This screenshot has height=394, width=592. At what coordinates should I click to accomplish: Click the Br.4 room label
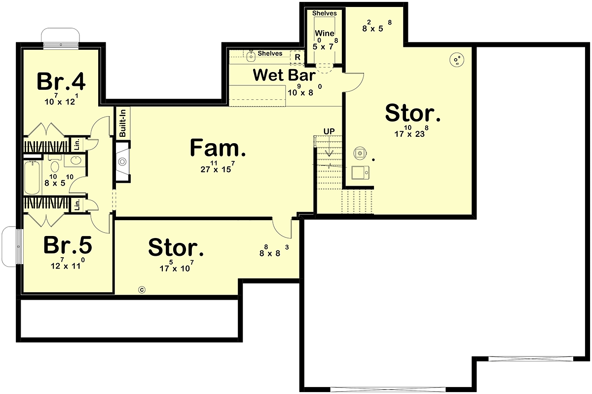click(x=61, y=81)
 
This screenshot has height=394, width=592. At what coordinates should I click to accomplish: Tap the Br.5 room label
click(x=68, y=245)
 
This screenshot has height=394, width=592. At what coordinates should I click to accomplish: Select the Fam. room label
click(x=218, y=148)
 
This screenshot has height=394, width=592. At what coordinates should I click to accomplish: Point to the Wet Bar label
click(x=284, y=75)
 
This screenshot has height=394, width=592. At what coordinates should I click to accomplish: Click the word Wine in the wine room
click(x=325, y=33)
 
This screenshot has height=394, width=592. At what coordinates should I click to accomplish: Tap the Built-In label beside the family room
click(x=122, y=123)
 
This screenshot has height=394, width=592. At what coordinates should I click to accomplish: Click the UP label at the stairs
click(x=329, y=131)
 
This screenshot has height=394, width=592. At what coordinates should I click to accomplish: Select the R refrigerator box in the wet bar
click(x=297, y=57)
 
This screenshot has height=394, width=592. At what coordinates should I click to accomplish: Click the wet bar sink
click(x=250, y=57)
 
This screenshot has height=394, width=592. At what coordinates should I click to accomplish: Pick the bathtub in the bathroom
click(x=32, y=178)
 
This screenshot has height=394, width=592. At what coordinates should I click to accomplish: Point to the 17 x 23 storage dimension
click(x=411, y=131)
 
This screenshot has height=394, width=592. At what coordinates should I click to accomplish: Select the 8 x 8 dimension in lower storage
click(x=274, y=251)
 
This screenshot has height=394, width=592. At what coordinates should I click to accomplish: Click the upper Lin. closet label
click(x=77, y=145)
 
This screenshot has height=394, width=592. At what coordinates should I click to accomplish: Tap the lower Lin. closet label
click(x=77, y=205)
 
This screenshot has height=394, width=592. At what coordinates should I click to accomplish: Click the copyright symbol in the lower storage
click(x=142, y=290)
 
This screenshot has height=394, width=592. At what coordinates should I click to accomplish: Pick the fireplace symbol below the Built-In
click(x=122, y=161)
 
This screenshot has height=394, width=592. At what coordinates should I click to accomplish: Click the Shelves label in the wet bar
click(x=270, y=53)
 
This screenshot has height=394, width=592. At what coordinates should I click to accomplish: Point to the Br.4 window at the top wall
click(x=61, y=45)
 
